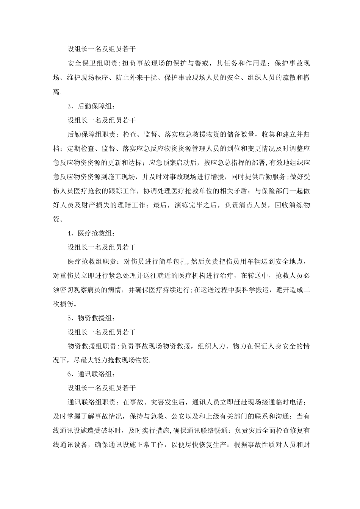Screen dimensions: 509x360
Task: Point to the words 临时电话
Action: coord(287,402)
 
